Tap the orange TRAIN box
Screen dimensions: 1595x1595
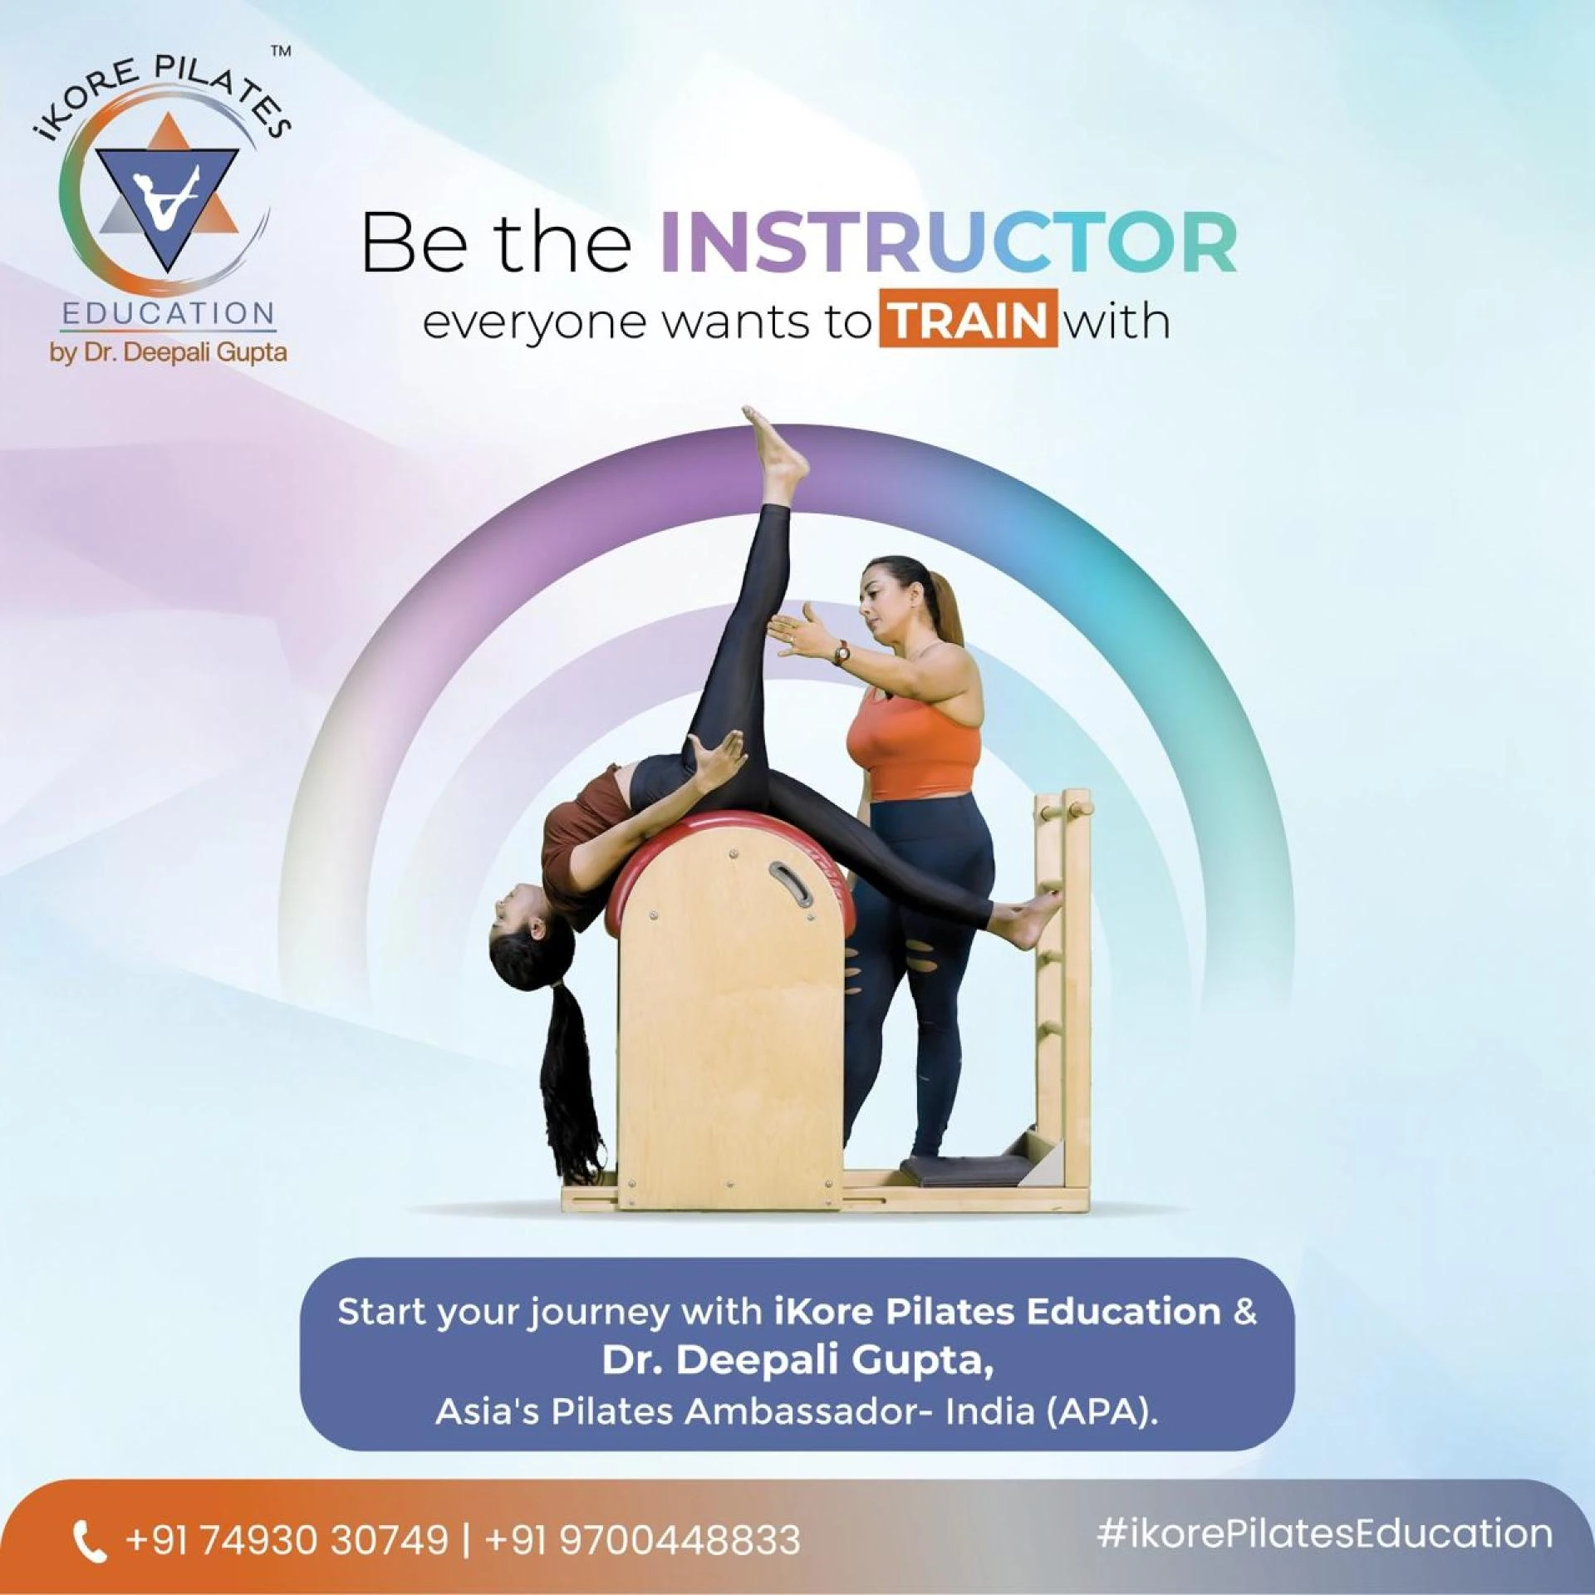[x=969, y=320]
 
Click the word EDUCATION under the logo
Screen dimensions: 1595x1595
[x=169, y=314]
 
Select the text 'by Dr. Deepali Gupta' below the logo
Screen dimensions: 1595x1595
[x=169, y=352]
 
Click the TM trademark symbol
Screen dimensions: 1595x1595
[x=282, y=52]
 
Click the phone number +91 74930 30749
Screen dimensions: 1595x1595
[x=287, y=1539]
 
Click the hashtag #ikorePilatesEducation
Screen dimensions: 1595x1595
[x=1324, y=1534]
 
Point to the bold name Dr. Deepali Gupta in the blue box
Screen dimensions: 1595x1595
[x=797, y=1360]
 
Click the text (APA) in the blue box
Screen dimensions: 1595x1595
[x=1102, y=1411]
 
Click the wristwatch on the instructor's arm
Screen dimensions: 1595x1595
[x=842, y=652]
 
